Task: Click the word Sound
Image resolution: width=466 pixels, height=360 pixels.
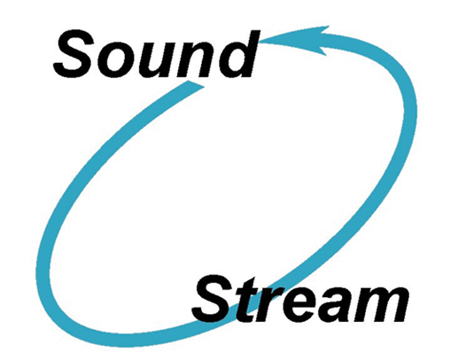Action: coord(157,53)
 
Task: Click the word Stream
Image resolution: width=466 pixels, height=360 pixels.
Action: coord(300,301)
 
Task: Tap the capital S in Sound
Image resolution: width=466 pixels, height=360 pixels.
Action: coord(78,54)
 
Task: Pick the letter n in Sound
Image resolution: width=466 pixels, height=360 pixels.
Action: coord(198,59)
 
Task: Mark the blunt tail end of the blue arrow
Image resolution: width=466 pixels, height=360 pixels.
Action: coord(195,84)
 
